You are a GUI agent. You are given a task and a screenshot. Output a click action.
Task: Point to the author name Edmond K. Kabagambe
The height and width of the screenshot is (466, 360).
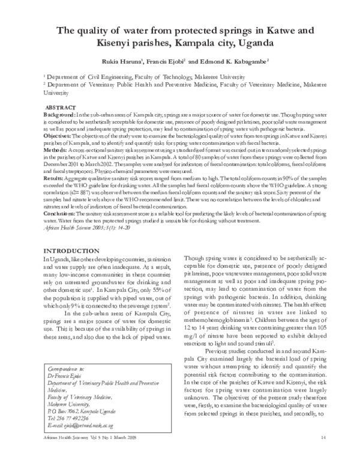tap(233, 61)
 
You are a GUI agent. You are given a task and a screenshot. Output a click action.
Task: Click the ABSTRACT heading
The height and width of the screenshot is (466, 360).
tap(61, 106)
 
